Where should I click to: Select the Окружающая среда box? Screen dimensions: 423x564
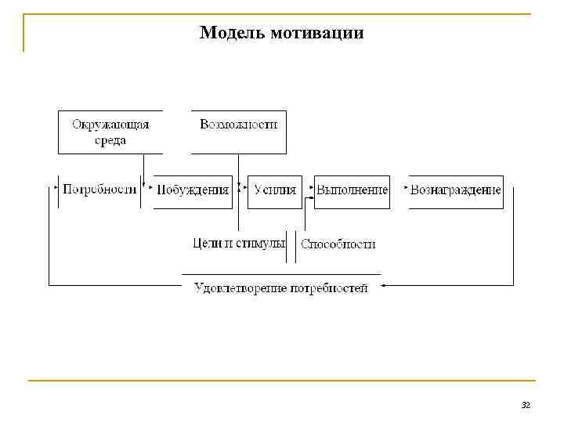110,132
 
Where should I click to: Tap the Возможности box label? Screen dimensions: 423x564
239,125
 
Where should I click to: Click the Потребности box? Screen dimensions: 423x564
99,190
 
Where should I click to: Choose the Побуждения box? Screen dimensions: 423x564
193,190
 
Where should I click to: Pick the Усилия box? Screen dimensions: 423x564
275,190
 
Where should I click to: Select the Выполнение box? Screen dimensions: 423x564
352,190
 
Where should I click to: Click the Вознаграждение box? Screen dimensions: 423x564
456,190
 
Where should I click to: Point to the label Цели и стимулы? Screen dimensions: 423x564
239,243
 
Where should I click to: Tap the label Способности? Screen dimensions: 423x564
338,244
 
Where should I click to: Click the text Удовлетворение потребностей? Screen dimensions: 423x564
281,287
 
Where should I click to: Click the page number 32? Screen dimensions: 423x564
526,405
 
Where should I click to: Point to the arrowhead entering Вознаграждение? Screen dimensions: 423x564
406,189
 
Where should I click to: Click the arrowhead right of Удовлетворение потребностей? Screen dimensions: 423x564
384,287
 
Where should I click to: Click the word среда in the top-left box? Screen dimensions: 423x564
110,140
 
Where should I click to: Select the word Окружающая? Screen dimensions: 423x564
110,124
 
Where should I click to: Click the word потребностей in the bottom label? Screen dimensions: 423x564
329,287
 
